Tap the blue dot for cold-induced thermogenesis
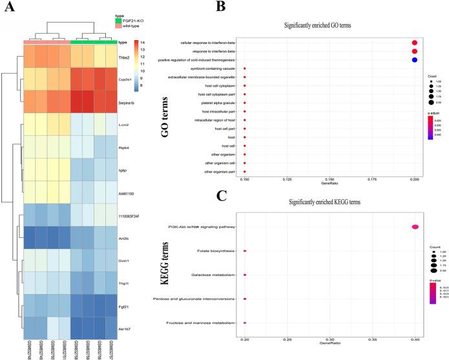pyautogui.click(x=415, y=59)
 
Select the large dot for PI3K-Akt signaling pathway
pyautogui.click(x=415, y=226)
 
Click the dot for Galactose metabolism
pyautogui.click(x=245, y=275)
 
